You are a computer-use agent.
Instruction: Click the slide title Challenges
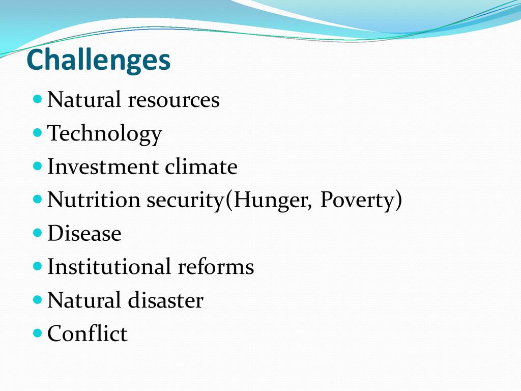tap(98, 60)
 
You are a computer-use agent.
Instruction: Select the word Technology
tap(104, 134)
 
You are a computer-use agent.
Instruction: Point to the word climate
tap(201, 166)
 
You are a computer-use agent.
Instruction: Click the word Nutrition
tap(94, 200)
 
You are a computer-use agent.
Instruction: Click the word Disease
tap(84, 233)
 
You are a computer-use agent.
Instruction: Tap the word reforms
tap(216, 266)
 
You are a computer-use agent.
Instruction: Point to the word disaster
tap(165, 300)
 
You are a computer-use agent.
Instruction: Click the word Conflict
tap(87, 333)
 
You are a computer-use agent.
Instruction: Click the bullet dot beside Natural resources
tap(38, 99)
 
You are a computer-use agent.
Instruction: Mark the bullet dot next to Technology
tap(38, 132)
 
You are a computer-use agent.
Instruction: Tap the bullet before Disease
tap(38, 232)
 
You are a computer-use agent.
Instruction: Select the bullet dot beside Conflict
tap(38, 332)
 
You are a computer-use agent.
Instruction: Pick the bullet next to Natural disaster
tap(38, 299)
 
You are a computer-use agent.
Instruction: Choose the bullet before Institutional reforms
tap(38, 266)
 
